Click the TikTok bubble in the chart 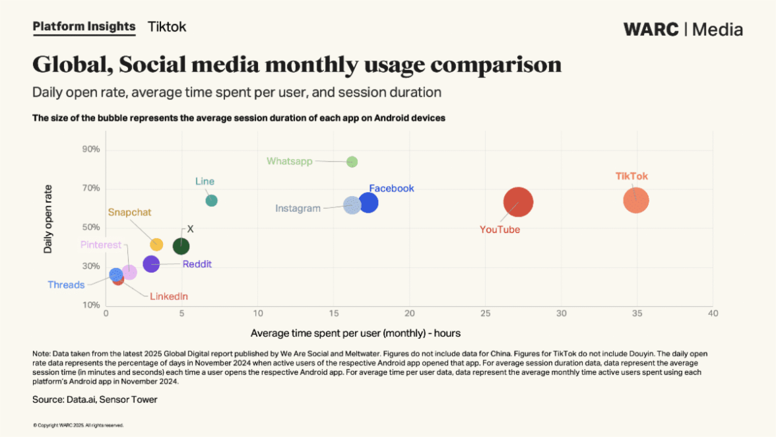pos(636,201)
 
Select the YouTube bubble pos(518,202)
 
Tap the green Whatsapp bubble pos(352,162)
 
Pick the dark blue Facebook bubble pos(368,203)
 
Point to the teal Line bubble pos(211,201)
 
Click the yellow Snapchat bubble pos(156,244)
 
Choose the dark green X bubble pos(181,246)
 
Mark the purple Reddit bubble pos(151,265)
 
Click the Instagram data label pos(298,209)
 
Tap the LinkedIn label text pos(168,296)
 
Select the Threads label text pos(66,285)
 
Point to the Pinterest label pos(101,245)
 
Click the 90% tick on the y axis pos(91,149)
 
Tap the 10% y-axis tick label pos(91,306)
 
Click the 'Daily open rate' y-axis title pos(48,218)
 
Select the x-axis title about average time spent pos(356,333)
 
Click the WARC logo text pos(651,30)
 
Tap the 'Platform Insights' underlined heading pos(84,27)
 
